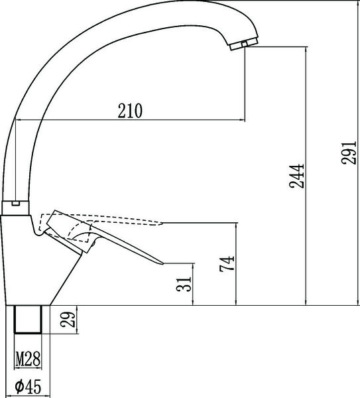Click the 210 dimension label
coord(130,111)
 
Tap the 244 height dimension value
coord(296,176)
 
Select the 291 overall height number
coord(349,153)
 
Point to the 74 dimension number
coord(227,264)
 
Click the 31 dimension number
coord(184,285)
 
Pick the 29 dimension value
coord(68,319)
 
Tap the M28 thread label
coord(28,359)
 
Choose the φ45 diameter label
coord(28,386)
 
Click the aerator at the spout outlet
coord(244,44)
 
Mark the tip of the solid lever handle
coord(163,264)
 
